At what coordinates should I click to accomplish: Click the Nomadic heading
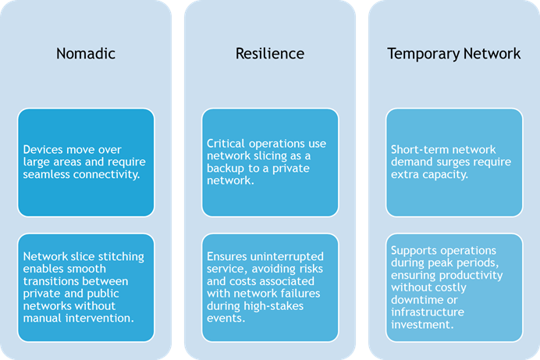86,54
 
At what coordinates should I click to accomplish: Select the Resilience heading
270,54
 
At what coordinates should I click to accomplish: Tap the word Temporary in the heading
424,55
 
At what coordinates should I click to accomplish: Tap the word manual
43,318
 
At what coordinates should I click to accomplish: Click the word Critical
226,144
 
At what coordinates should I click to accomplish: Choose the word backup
226,169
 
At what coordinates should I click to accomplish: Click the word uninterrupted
287,257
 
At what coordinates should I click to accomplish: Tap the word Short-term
414,149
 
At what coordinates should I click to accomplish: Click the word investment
422,325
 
